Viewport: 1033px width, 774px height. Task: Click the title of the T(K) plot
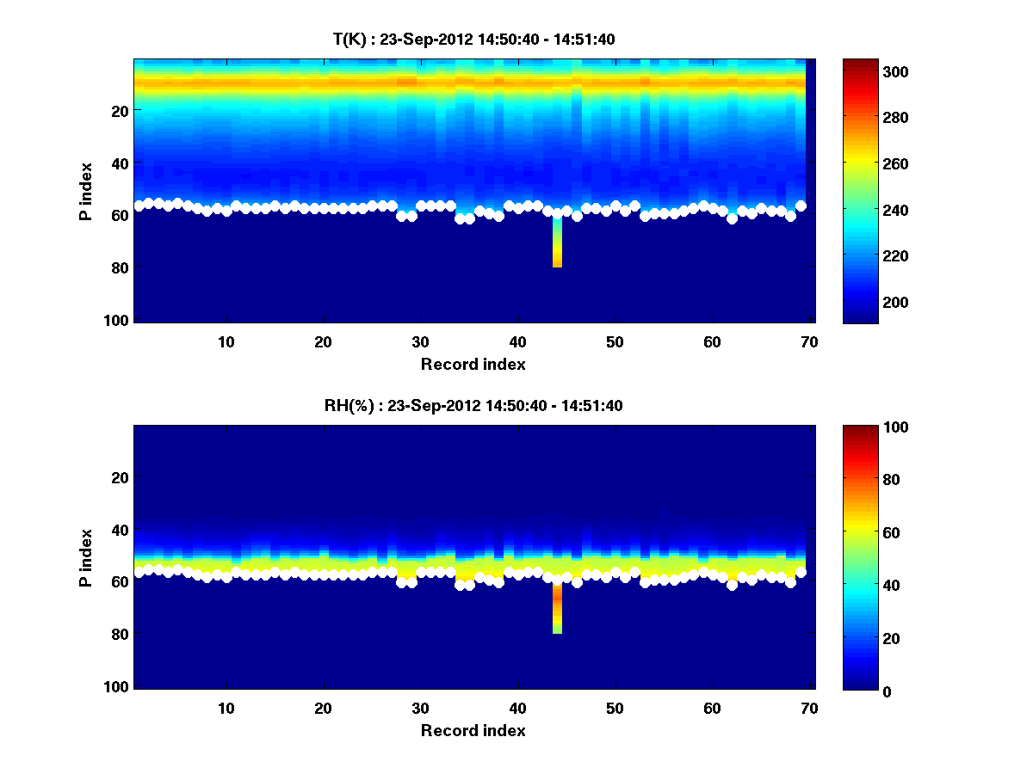(473, 39)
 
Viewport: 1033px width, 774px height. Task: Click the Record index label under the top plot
(473, 364)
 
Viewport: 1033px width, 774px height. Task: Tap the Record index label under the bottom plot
(473, 730)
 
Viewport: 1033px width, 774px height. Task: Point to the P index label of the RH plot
(86, 557)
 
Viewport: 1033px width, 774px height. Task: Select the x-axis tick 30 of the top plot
(420, 341)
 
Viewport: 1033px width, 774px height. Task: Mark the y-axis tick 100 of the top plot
(119, 320)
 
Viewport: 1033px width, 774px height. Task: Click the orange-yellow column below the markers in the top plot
(557, 249)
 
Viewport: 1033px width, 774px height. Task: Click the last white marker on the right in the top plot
(801, 206)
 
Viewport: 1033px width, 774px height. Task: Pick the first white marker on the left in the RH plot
(139, 572)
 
